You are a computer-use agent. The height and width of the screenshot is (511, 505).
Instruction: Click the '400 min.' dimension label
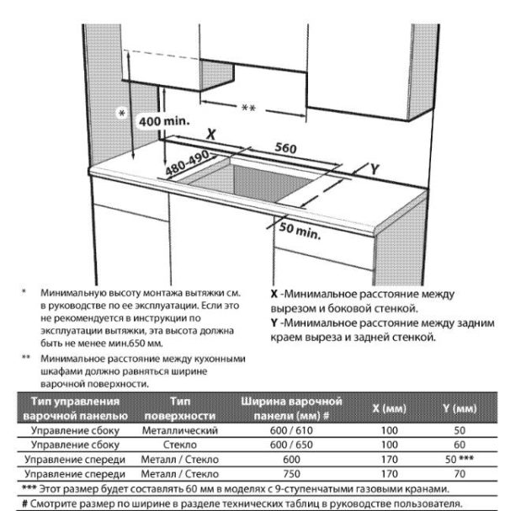click(164, 122)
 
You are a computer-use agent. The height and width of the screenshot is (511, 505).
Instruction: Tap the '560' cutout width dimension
click(286, 148)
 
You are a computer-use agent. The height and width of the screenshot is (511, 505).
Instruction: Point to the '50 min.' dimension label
click(300, 230)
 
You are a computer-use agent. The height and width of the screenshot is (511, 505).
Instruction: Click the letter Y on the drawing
click(375, 168)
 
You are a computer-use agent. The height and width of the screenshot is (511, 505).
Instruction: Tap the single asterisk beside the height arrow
click(124, 113)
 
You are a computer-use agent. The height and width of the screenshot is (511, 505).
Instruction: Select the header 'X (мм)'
click(389, 408)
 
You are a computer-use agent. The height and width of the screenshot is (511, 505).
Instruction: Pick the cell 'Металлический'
click(181, 430)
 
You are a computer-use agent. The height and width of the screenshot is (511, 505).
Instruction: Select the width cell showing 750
click(291, 474)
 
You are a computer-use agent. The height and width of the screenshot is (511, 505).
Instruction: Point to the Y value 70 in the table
click(460, 474)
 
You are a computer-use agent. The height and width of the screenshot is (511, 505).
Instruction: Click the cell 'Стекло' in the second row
click(181, 444)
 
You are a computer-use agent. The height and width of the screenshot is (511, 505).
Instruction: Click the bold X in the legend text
click(274, 295)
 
